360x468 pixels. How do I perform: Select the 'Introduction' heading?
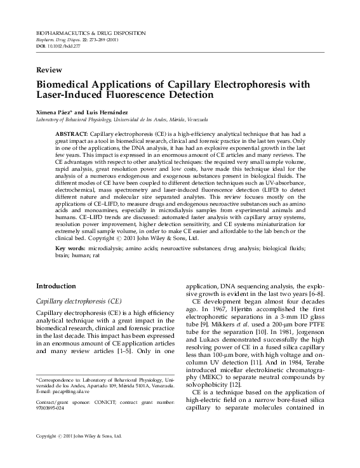click(x=56, y=286)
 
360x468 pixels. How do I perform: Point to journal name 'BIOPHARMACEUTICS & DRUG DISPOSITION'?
click(x=91, y=32)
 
